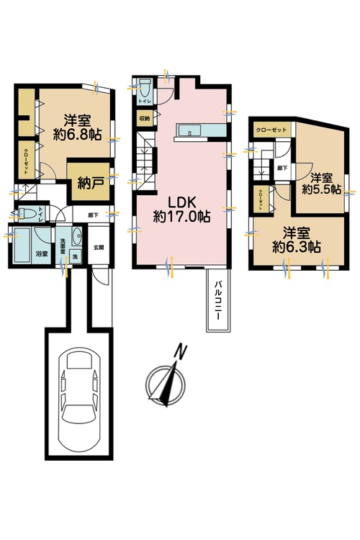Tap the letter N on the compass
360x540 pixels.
click(183, 352)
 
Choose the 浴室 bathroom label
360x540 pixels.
click(22, 253)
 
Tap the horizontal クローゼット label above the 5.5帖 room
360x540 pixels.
click(272, 130)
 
